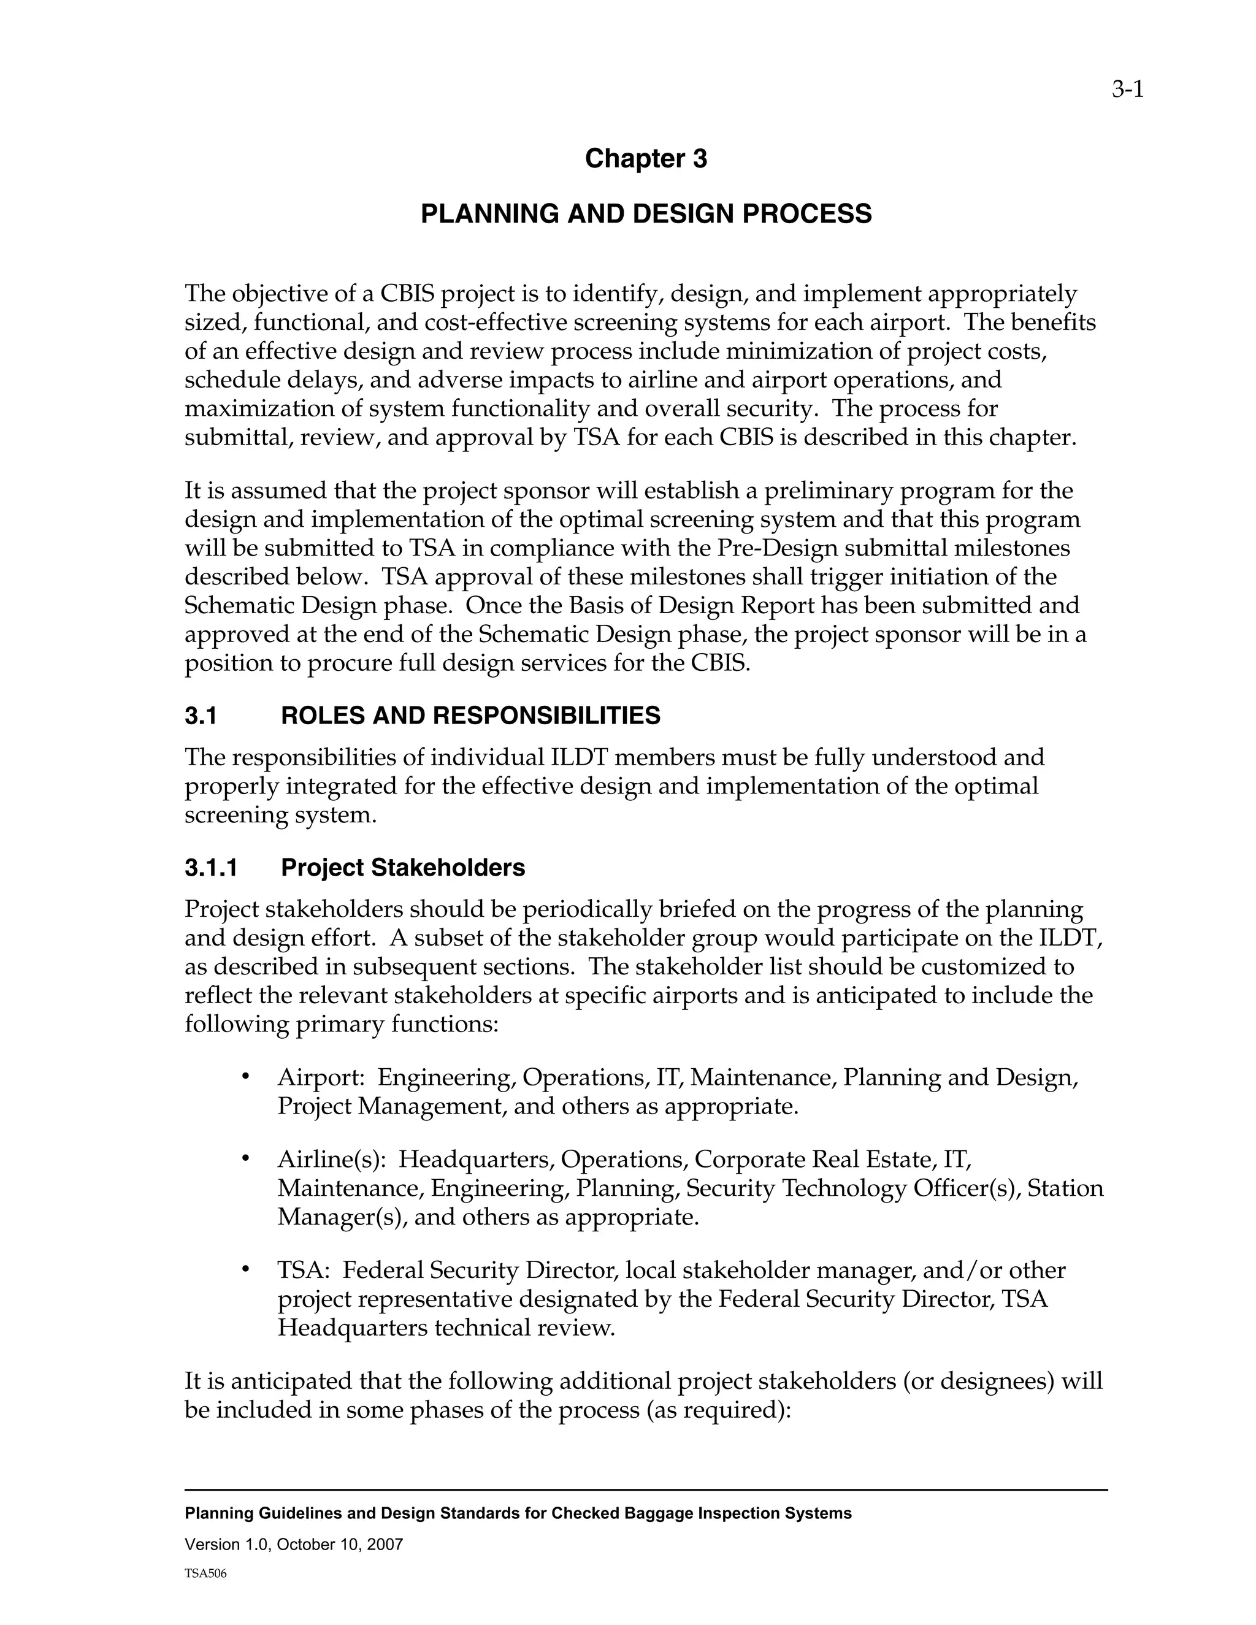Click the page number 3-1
[1127, 90]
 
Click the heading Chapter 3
[645, 158]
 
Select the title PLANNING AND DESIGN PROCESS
[645, 214]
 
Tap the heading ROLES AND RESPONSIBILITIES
[470, 716]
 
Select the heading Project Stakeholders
[402, 868]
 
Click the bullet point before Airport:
[245, 1077]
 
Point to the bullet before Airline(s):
[245, 1159]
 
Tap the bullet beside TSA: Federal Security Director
[245, 1270]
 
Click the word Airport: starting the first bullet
[320, 1077]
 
